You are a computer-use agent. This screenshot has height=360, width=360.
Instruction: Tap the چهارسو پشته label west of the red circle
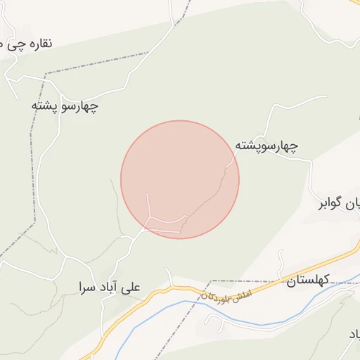click(65, 105)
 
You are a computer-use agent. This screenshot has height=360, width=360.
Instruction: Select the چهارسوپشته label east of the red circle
click(266, 146)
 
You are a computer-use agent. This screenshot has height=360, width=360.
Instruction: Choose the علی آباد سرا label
click(110, 288)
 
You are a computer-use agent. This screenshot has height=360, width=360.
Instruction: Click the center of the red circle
click(180, 179)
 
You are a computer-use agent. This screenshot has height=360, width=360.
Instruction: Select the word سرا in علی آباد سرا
click(88, 288)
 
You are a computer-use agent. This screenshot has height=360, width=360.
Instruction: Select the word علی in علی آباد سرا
click(131, 288)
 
